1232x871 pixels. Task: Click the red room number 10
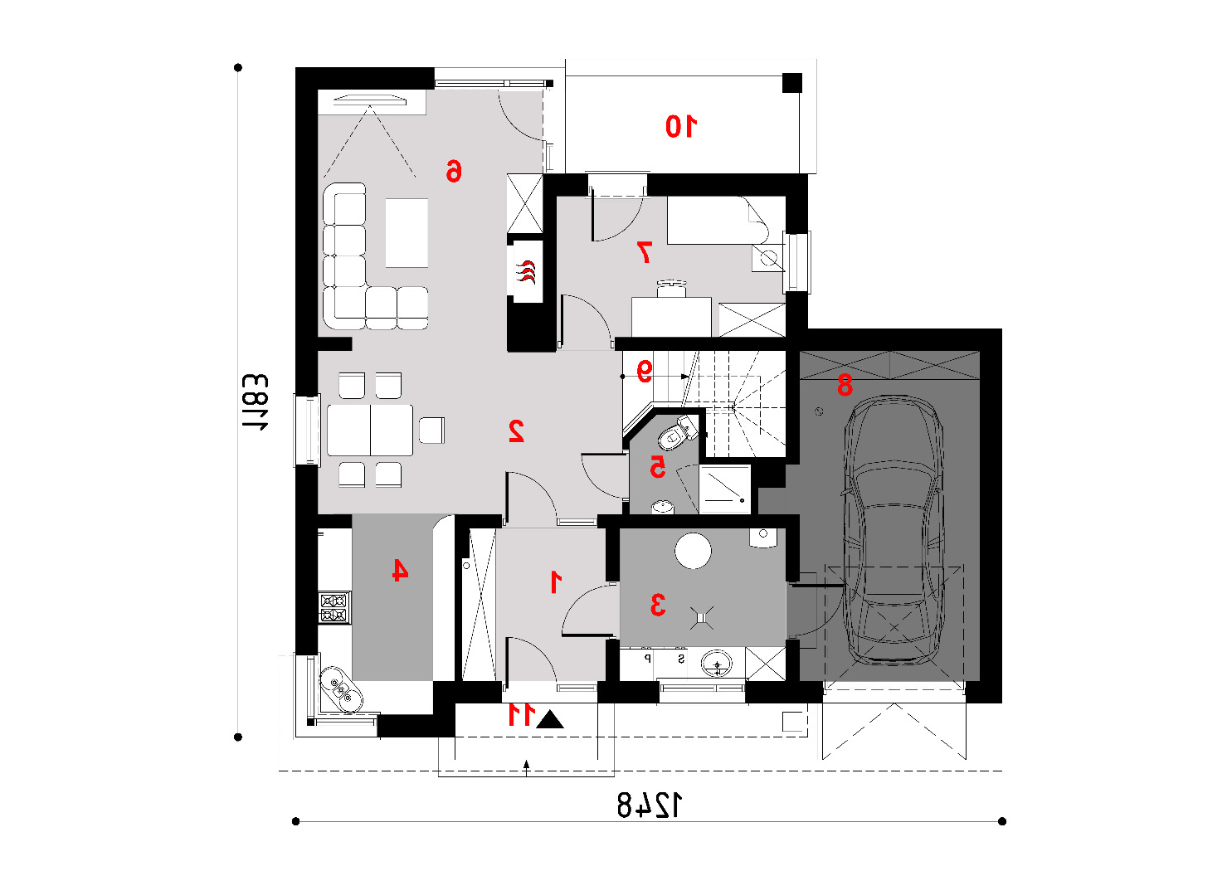coord(681,126)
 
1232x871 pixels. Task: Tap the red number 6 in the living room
coord(454,171)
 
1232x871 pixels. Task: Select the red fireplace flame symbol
coord(526,272)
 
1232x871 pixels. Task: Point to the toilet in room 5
coord(677,435)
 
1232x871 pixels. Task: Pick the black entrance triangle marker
coord(549,719)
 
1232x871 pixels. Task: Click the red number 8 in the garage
coord(845,385)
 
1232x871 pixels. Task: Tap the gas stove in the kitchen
coord(334,607)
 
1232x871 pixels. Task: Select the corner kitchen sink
coord(341,689)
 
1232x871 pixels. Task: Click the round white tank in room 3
coord(693,551)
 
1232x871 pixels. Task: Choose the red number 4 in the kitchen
coord(400,570)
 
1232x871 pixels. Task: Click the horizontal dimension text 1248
coord(649,805)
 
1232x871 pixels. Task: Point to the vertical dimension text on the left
coord(255,402)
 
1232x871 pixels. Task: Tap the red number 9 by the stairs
coord(645,371)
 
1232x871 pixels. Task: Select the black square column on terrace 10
coord(792,83)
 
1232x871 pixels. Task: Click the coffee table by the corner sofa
coord(407,233)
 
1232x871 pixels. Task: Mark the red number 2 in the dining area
coord(516,431)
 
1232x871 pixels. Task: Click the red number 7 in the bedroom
coord(645,252)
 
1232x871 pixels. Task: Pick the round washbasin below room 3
coord(717,664)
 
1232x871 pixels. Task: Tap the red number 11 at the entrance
coord(520,714)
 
